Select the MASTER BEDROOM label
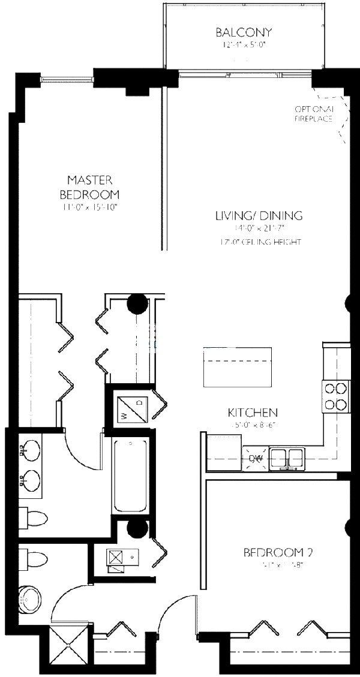(89, 187)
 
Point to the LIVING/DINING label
(259, 216)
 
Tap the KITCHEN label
(252, 413)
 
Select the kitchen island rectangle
(238, 367)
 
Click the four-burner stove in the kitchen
(336, 396)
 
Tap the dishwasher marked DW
(256, 459)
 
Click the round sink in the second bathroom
(30, 598)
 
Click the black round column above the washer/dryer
(137, 305)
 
